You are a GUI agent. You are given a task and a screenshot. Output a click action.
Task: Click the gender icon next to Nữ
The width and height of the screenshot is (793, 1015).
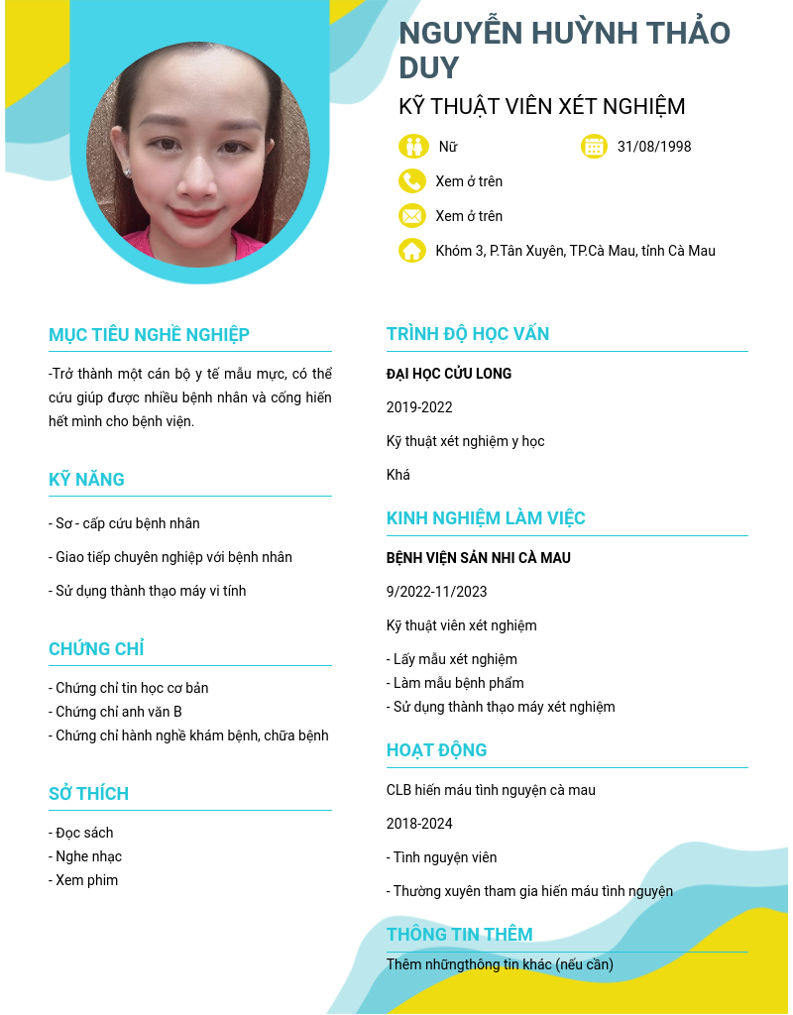click(413, 147)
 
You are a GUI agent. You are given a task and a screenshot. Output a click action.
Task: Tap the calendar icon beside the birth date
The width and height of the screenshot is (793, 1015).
click(594, 147)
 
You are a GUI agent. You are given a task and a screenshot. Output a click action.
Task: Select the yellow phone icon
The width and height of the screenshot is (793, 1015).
click(412, 181)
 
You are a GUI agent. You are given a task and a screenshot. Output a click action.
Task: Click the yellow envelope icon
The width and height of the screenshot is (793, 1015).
click(412, 216)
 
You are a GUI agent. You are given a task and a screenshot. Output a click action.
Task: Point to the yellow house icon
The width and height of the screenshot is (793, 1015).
click(412, 251)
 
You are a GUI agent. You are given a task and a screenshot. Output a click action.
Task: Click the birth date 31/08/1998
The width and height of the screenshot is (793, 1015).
click(654, 147)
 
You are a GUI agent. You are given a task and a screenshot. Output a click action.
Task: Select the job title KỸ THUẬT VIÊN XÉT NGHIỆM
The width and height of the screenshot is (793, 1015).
click(541, 107)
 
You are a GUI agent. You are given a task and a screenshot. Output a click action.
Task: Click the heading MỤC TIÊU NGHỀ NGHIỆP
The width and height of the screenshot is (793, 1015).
click(149, 335)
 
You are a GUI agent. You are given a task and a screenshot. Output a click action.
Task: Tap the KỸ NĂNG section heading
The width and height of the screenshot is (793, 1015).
click(86, 480)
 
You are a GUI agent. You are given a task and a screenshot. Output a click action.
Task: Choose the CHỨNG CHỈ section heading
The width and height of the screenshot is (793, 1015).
click(96, 649)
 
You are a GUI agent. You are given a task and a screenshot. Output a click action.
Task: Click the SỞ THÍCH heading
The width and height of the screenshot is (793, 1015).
click(88, 794)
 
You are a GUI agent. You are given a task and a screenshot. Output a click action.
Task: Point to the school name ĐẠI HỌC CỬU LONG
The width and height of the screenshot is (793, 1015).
click(449, 374)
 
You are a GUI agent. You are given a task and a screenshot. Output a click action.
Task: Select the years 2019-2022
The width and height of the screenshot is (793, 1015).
click(419, 407)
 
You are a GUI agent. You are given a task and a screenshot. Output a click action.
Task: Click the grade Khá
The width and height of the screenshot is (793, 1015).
click(398, 475)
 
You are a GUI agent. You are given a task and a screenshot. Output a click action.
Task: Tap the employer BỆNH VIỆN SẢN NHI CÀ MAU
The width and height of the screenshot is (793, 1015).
click(479, 558)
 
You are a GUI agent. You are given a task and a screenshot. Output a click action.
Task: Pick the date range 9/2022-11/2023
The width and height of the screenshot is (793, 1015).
click(437, 592)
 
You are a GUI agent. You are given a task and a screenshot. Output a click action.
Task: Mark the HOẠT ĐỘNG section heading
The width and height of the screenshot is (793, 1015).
click(436, 750)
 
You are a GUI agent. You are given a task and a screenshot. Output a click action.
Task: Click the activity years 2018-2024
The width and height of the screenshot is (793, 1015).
click(419, 824)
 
